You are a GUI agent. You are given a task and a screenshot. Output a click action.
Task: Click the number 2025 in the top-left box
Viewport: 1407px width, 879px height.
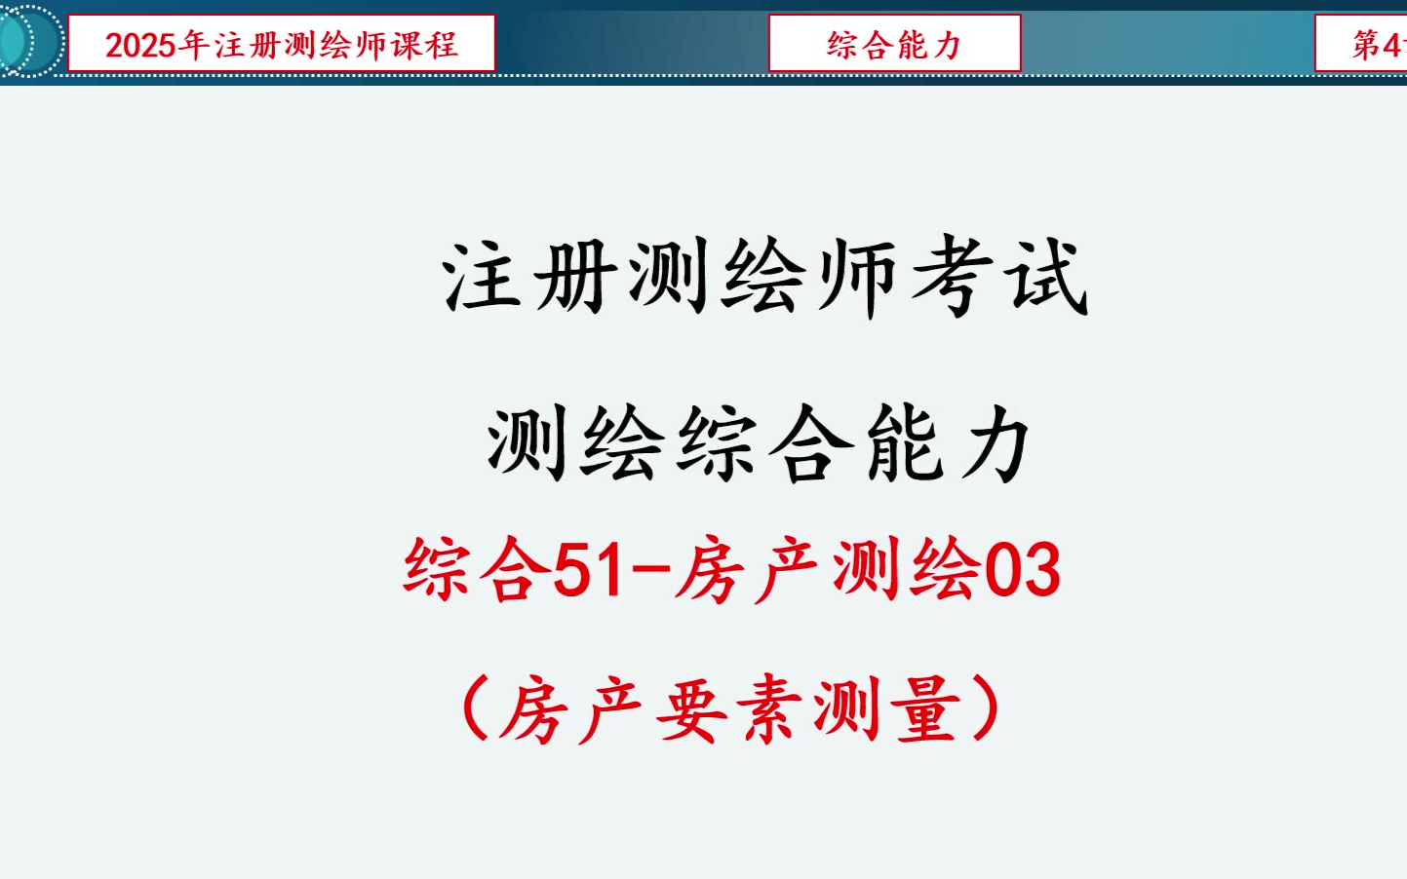140,46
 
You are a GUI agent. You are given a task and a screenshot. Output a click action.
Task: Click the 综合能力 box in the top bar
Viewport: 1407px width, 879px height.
895,43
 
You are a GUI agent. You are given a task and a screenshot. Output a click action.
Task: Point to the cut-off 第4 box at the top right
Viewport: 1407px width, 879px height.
1361,43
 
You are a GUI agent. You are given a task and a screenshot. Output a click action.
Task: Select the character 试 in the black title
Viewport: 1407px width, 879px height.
1049,278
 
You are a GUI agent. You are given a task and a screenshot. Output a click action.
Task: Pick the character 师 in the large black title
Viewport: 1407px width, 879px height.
857,278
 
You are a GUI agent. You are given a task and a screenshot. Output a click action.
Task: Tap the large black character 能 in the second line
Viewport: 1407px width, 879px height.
905,444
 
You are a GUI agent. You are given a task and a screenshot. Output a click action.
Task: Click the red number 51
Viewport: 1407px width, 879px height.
588,570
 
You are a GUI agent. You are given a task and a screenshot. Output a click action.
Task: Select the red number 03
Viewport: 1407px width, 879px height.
1023,570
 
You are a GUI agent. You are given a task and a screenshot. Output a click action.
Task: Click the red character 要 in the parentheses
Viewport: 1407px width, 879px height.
692,709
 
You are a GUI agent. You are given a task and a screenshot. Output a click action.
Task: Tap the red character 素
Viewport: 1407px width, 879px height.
770,709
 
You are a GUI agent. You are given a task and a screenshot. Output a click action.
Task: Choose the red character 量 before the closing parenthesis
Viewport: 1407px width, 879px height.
929,709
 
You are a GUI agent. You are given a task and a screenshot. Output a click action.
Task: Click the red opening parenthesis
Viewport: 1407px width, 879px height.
476,708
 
